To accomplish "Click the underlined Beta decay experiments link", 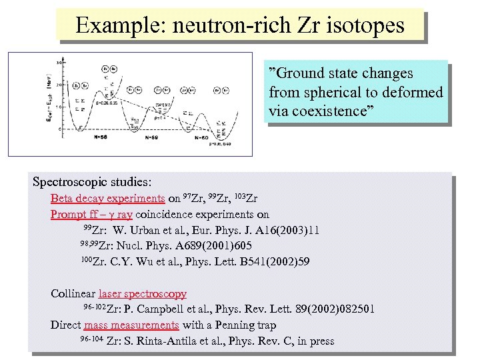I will tap(107, 198).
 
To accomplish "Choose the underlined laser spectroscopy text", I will tap(142, 293).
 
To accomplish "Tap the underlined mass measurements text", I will tap(131, 325).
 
